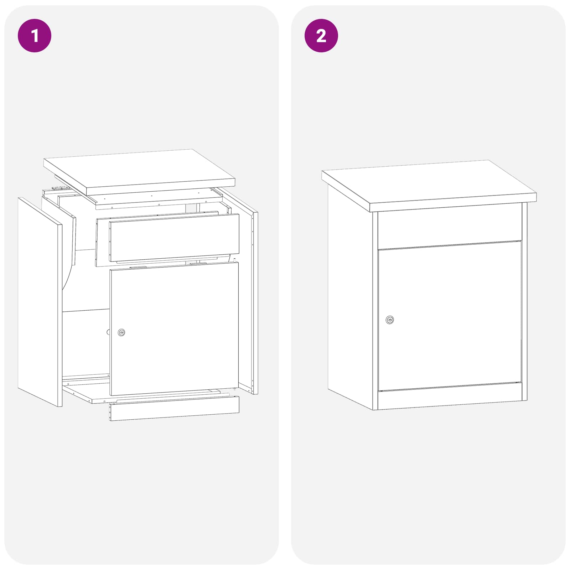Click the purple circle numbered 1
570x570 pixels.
35,36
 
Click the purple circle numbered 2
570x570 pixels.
321,36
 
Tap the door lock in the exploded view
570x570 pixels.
121,332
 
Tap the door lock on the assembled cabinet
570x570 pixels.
390,320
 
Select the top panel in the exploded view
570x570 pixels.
139,172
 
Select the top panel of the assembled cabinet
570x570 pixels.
429,185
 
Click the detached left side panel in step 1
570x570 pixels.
40,302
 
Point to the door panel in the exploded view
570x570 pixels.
174,329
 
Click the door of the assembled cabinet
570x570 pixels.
450,316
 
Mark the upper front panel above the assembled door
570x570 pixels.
450,227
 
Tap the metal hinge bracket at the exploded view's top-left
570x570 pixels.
58,188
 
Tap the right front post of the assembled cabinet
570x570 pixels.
524,301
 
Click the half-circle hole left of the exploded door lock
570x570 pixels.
108,332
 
